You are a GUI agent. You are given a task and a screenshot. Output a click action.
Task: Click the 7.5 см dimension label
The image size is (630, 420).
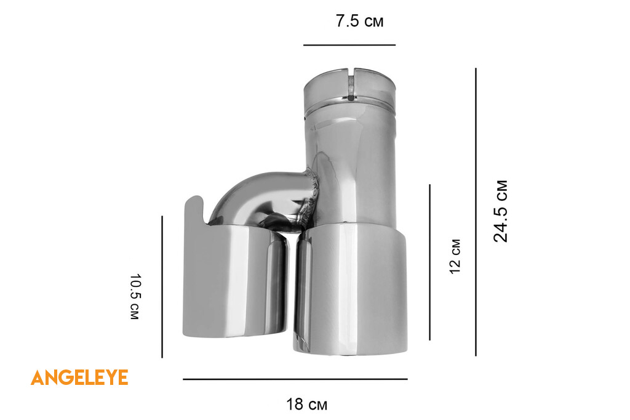point(359,21)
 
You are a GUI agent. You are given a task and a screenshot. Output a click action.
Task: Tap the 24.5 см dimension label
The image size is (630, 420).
point(501,211)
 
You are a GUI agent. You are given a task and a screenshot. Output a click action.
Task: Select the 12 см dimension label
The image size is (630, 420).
point(455,257)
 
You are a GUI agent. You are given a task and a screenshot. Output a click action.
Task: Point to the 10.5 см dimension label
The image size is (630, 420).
point(135,297)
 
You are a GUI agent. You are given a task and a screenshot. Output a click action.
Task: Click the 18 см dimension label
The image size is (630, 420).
point(306,405)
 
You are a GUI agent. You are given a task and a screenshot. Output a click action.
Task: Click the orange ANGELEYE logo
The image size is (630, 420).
point(79,378)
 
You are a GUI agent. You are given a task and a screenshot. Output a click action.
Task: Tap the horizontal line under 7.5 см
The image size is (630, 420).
point(349,45)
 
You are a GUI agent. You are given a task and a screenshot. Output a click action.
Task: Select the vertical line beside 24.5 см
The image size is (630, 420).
point(476,212)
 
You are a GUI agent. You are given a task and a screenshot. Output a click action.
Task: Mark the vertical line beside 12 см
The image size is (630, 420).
point(430,262)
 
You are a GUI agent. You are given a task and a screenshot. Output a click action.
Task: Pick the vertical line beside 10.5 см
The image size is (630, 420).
point(162,287)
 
